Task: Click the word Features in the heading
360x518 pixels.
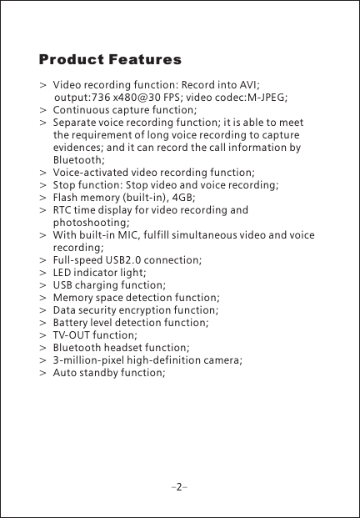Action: (x=143, y=61)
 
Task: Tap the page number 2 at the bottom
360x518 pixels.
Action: (x=179, y=483)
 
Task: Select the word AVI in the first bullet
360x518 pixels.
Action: (x=248, y=85)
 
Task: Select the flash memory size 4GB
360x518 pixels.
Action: (x=186, y=198)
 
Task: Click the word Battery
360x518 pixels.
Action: (x=72, y=322)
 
